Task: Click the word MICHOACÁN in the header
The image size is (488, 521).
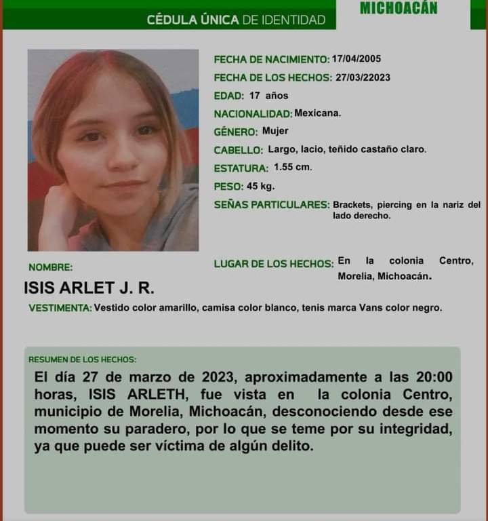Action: point(399,8)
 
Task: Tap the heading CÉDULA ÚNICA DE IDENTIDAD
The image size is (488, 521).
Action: point(236,20)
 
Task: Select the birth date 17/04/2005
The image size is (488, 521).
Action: point(357,59)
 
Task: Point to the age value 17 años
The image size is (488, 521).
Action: point(268,96)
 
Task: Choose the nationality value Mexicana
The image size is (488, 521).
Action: point(318,113)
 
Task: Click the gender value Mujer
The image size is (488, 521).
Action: point(275,131)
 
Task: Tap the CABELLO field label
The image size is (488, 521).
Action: point(238,150)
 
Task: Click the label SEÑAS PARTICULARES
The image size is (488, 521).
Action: point(271,204)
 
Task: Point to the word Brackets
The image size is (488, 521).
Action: point(352,204)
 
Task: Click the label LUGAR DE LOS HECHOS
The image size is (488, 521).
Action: point(273,264)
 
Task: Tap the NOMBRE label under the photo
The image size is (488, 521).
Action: point(50,267)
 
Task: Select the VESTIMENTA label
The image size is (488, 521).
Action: point(60,308)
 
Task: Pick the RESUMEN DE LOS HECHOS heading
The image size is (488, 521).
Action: point(82,359)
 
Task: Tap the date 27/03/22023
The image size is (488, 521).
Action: point(363,77)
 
